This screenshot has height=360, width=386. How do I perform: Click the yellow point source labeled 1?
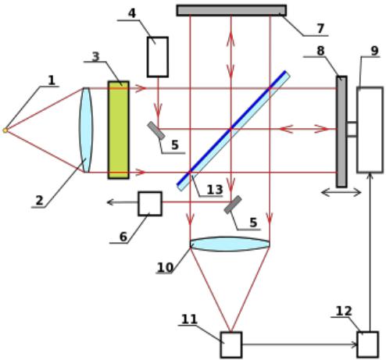click(x=5, y=130)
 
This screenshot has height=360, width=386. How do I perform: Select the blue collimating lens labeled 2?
click(x=86, y=130)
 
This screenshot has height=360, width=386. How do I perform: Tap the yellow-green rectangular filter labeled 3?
click(x=119, y=130)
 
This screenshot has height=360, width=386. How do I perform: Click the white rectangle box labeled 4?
click(x=158, y=57)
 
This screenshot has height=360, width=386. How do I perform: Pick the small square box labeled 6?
click(x=150, y=204)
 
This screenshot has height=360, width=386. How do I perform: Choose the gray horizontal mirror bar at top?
click(x=231, y=10)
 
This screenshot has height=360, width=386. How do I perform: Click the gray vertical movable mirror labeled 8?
click(x=341, y=132)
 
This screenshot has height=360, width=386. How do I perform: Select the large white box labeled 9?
click(x=370, y=130)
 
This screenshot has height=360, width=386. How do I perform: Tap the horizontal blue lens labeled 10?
click(x=230, y=244)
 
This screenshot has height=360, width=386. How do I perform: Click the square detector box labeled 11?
click(x=231, y=344)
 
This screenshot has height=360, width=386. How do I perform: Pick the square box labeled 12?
click(x=368, y=344)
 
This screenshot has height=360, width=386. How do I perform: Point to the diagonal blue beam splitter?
click(x=234, y=130)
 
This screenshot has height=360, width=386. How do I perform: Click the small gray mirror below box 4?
click(x=156, y=130)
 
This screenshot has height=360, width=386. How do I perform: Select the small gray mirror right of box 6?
click(x=233, y=205)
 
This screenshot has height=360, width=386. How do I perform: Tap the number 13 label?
click(x=215, y=190)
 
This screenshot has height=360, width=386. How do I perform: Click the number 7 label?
click(x=320, y=28)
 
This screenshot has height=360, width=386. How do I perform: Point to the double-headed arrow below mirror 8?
click(x=341, y=193)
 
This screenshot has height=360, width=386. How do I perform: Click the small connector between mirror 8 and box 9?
click(x=352, y=129)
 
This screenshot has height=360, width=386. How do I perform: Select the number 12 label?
click(x=344, y=311)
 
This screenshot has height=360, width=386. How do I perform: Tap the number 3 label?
click(x=96, y=56)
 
